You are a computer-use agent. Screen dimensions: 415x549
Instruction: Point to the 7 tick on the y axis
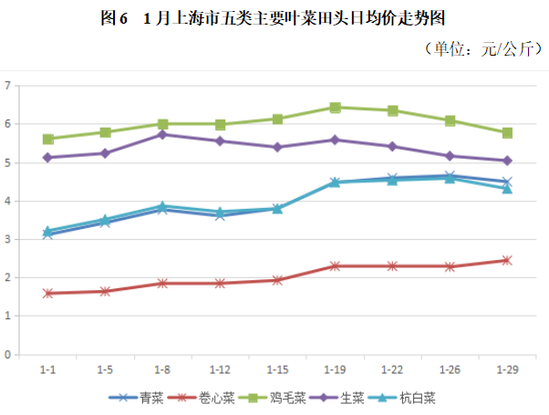(7, 86)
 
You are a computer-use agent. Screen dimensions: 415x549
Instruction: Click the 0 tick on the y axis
(7, 355)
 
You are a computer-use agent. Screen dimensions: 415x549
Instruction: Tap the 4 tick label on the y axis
(7, 201)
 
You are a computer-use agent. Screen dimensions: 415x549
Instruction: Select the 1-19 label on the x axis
(335, 370)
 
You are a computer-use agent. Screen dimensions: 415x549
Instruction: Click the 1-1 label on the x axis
(47, 370)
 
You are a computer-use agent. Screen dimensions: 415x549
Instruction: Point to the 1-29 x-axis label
(507, 370)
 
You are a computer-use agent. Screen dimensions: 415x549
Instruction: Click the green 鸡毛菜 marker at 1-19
(335, 108)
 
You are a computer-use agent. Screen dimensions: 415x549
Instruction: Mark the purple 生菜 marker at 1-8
(162, 134)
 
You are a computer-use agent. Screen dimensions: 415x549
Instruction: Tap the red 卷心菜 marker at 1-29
(507, 260)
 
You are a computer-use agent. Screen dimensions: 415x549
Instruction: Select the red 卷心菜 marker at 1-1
(47, 294)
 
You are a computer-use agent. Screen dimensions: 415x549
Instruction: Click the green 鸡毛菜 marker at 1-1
(47, 140)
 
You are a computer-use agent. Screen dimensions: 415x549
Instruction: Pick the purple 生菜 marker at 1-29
(507, 161)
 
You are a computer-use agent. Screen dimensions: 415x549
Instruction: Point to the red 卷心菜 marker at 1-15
(277, 280)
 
